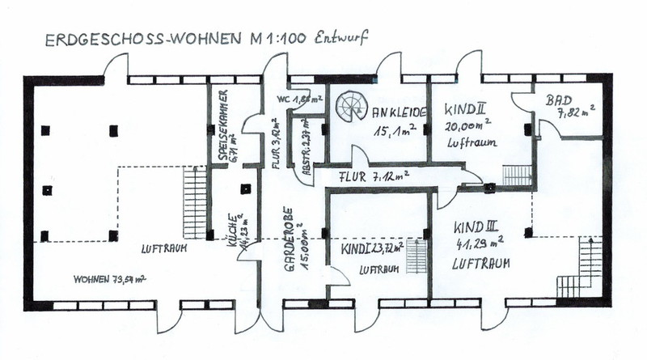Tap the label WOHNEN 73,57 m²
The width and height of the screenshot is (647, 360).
[111, 279]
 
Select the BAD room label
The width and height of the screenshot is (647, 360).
[558, 100]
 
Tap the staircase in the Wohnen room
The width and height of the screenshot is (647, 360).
[195, 201]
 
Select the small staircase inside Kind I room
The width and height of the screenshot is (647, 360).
[416, 256]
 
